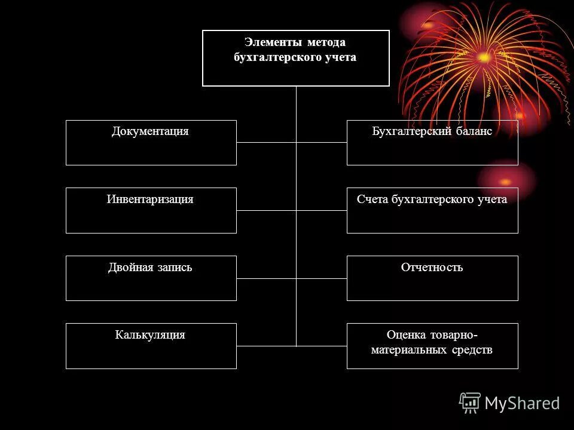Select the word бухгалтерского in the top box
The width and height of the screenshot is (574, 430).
click(270, 57)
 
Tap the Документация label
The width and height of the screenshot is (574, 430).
click(150, 131)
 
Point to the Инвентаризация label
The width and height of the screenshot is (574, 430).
click(150, 199)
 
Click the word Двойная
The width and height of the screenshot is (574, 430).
click(130, 268)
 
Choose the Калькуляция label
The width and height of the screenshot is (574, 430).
click(150, 335)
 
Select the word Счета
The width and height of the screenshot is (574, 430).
click(373, 199)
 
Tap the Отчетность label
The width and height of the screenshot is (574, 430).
click(432, 268)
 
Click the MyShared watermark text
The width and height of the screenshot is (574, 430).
click(522, 404)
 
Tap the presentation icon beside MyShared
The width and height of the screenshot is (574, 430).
click(470, 403)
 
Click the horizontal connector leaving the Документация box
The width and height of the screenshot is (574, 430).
click(266, 142)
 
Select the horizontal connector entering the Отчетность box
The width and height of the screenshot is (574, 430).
click(322, 278)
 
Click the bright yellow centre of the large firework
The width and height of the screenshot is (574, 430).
click(483, 58)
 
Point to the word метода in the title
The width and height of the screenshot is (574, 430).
click(326, 43)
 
